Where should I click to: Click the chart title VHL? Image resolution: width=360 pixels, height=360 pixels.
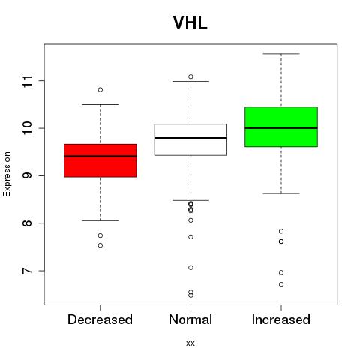tap(190, 23)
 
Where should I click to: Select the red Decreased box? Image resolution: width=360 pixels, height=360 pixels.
tap(100, 160)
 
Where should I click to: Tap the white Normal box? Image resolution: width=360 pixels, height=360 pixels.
tap(190, 139)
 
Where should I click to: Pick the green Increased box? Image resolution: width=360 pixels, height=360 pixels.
tap(281, 127)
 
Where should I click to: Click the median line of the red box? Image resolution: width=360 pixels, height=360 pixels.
tap(100, 157)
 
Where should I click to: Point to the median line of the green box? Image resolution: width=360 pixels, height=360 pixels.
tap(281, 128)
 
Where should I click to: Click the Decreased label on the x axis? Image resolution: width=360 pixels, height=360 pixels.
tap(100, 319)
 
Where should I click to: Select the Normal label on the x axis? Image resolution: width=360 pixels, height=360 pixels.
tap(190, 319)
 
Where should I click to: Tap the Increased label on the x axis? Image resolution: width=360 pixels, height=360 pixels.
tap(281, 319)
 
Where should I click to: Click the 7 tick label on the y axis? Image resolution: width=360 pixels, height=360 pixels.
tap(27, 271)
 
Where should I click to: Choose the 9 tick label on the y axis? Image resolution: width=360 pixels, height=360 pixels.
tap(27, 175)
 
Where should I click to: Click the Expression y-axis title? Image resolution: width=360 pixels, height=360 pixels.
tap(7, 174)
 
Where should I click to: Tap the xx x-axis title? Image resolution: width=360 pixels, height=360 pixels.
tap(190, 343)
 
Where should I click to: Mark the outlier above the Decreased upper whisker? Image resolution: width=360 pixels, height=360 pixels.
tap(100, 89)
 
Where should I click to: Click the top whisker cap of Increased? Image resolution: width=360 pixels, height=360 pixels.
tap(281, 54)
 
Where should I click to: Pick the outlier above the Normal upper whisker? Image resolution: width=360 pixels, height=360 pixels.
tap(190, 76)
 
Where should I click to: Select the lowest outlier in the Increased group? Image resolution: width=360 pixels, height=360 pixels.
tap(281, 284)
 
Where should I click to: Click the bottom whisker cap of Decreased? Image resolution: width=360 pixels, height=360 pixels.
tap(100, 220)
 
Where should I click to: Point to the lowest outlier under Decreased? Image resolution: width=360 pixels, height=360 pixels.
tap(100, 245)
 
